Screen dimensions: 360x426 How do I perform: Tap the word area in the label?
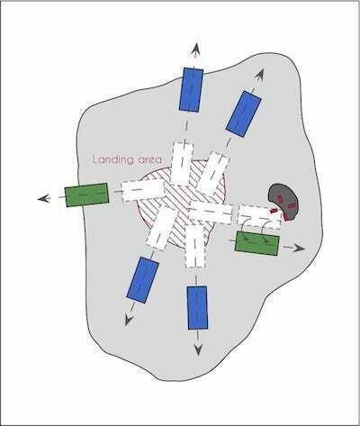pyautogui.click(x=150, y=159)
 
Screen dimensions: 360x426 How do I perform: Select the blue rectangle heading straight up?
pyautogui.click(x=191, y=90)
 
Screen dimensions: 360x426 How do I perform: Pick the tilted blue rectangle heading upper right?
pyautogui.click(x=243, y=114)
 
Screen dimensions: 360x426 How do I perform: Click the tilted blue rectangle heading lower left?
pyautogui.click(x=143, y=280)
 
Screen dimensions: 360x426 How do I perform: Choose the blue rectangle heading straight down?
pyautogui.click(x=197, y=308)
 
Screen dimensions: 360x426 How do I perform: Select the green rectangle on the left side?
pyautogui.click(x=86, y=195)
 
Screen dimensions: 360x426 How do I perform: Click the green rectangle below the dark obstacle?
pyautogui.click(x=257, y=243)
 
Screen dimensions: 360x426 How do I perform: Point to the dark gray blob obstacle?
pyautogui.click(x=283, y=200)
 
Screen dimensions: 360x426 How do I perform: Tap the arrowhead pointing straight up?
pyautogui.click(x=195, y=50)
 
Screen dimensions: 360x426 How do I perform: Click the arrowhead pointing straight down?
pyautogui.click(x=198, y=349)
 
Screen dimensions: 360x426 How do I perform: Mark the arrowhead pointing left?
pyautogui.click(x=44, y=198)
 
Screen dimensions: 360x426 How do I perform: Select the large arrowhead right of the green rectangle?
pyautogui.click(x=298, y=249)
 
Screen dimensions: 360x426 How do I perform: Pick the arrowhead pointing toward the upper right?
pyautogui.click(x=260, y=75)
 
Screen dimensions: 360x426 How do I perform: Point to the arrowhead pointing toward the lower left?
pyautogui.click(x=129, y=320)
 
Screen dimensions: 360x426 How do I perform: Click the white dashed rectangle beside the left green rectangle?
pyautogui.click(x=143, y=191)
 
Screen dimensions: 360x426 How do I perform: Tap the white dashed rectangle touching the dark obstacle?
pyautogui.click(x=260, y=217)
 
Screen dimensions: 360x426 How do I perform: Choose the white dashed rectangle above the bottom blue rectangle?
pyautogui.click(x=195, y=245)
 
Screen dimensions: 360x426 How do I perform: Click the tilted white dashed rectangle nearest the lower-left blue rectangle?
pyautogui.click(x=160, y=227)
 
